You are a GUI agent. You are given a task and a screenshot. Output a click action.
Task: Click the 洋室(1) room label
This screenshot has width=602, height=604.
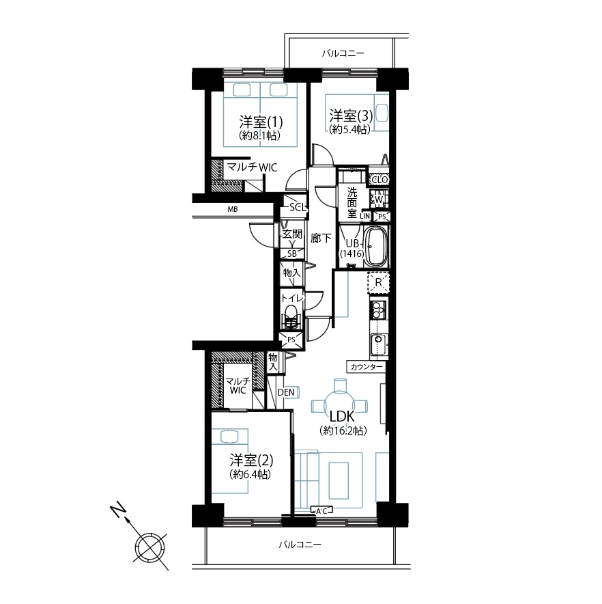pyautogui.click(x=261, y=122)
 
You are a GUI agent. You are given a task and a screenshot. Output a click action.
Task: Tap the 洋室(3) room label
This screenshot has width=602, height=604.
pyautogui.click(x=351, y=115)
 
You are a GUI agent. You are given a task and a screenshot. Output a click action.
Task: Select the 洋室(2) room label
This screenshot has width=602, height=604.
pyautogui.click(x=251, y=461)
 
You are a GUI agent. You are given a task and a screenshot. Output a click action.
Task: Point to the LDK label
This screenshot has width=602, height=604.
pyautogui.click(x=342, y=416)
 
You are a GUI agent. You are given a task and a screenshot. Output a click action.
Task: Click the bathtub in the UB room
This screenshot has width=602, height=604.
pyautogui.click(x=375, y=247)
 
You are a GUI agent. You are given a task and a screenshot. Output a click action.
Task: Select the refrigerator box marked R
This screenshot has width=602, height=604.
pyautogui.click(x=378, y=282)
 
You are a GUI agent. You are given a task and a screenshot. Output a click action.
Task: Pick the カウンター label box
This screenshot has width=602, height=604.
pyautogui.click(x=366, y=367)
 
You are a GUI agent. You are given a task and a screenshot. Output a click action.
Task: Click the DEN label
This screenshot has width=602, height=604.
pyautogui.click(x=286, y=392)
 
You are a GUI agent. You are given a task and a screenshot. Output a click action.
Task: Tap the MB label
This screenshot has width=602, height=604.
pyautogui.click(x=233, y=209)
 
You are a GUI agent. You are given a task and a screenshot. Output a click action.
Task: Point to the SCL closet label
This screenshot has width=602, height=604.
pyautogui.click(x=298, y=207)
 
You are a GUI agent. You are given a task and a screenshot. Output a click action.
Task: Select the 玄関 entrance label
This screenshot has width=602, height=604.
pyautogui.click(x=292, y=234)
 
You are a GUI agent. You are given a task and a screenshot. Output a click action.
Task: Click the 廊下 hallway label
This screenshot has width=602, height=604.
pyautogui.click(x=321, y=238)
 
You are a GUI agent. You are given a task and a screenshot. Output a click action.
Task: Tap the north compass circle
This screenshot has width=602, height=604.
pyautogui.click(x=150, y=547)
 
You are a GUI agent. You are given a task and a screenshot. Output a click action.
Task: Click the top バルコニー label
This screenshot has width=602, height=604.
pyautogui.click(x=343, y=53)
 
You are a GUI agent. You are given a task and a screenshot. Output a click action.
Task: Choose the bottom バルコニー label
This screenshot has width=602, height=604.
pyautogui.click(x=300, y=545)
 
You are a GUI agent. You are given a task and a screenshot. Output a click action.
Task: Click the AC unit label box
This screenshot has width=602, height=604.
pyautogui.click(x=321, y=511)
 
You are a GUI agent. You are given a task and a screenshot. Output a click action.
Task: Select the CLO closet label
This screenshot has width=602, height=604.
pyautogui.click(x=380, y=180)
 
